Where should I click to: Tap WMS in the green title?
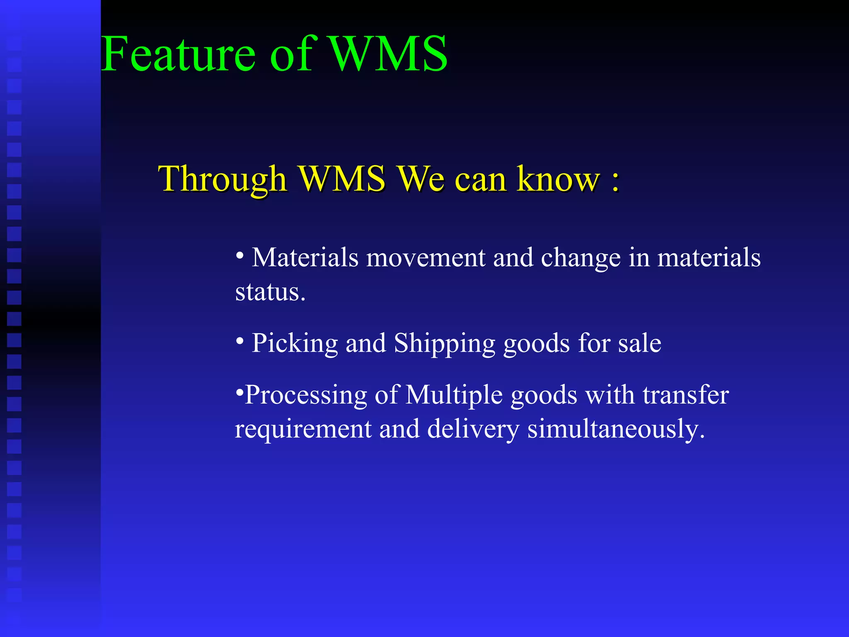pos(388,54)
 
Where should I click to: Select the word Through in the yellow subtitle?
pos(223,179)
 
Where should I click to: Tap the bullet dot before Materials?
pos(240,256)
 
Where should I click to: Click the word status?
pos(270,292)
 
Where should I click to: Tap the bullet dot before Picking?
pos(240,341)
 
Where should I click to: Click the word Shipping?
pos(444,344)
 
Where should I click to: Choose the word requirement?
pos(303,429)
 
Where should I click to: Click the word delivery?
pos(473,429)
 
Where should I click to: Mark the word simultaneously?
pos(616,429)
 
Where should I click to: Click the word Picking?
pos(295,344)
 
